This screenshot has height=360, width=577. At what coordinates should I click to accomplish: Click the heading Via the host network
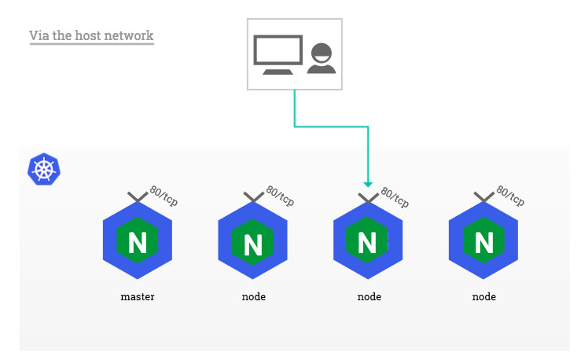click(91, 36)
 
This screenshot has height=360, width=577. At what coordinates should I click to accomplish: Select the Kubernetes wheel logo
click(44, 169)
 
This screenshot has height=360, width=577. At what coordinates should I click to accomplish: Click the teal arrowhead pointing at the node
click(368, 184)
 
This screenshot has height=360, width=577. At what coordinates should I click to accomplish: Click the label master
click(138, 297)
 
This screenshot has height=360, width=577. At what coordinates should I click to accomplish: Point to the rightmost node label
click(483, 297)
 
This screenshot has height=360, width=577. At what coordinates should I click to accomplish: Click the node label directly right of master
click(253, 297)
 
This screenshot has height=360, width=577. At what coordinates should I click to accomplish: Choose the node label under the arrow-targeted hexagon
click(369, 297)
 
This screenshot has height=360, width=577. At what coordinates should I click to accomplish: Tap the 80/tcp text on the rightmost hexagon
click(510, 197)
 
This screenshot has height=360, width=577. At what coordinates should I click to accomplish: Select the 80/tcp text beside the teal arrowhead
click(395, 197)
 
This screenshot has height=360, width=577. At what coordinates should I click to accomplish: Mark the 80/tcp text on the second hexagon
click(280, 197)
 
